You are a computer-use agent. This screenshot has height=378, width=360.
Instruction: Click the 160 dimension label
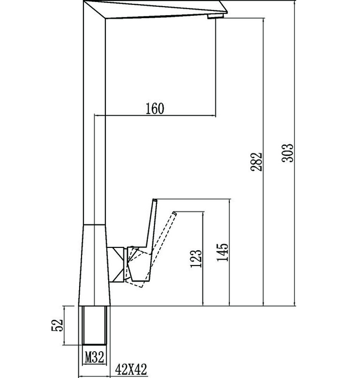(x=155, y=108)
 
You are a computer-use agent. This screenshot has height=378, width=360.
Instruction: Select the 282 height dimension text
(x=256, y=161)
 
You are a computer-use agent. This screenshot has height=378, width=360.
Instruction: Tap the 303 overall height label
(x=288, y=153)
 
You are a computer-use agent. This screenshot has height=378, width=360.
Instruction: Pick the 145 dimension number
(x=223, y=252)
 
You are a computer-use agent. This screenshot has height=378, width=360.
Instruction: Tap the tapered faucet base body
(x=95, y=265)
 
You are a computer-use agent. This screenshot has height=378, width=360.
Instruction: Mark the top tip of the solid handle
(x=154, y=200)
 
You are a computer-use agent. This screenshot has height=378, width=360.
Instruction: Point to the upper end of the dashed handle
(x=175, y=214)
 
